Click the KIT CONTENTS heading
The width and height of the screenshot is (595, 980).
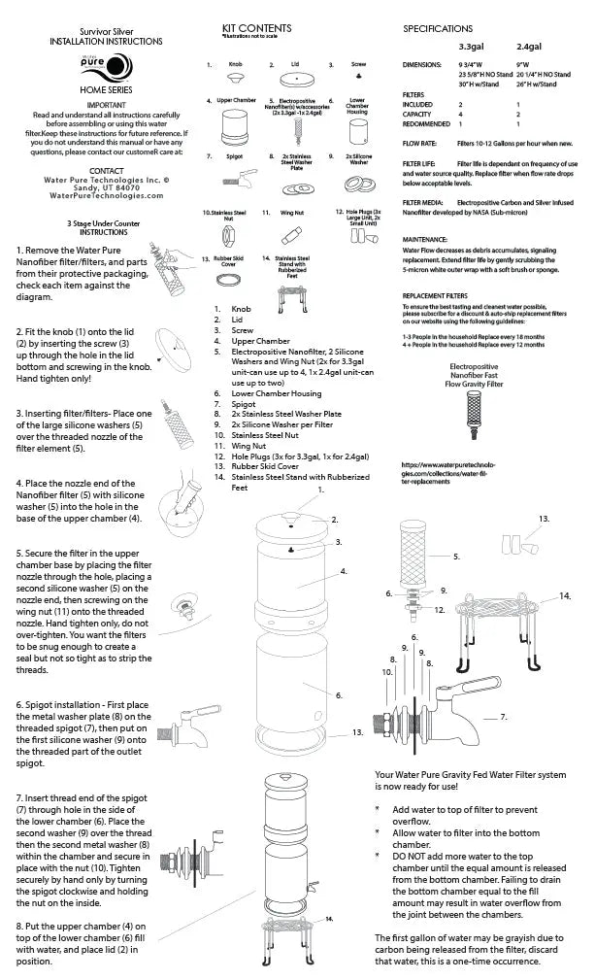[x=257, y=28]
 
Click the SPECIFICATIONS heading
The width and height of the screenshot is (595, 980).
[x=438, y=29]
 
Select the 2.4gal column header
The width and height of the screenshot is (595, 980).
[x=530, y=46]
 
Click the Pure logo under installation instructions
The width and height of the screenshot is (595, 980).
[x=95, y=68]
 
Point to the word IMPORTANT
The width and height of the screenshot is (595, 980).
[x=94, y=103]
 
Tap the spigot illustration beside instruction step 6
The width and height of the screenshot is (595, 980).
[x=189, y=727]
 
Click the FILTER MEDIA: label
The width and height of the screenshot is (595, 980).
[x=424, y=202]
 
